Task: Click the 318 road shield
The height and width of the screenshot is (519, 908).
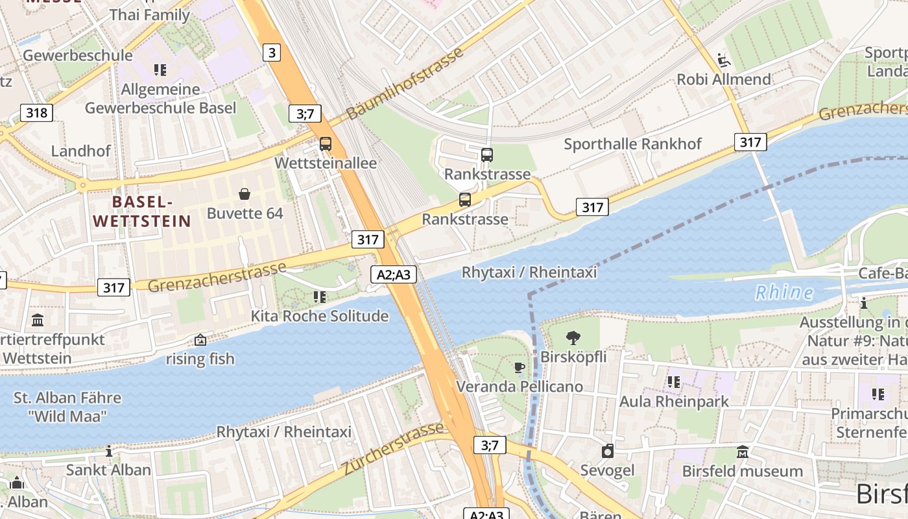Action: click(37, 113)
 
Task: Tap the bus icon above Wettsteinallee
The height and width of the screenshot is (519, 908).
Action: click(326, 144)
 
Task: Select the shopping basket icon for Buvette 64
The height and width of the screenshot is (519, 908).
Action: click(245, 193)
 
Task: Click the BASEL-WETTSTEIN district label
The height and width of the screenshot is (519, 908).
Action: click(142, 211)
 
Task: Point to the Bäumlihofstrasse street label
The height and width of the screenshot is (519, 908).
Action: click(405, 83)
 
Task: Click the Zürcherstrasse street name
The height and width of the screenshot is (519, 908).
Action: click(394, 448)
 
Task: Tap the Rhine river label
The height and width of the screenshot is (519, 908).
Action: click(784, 293)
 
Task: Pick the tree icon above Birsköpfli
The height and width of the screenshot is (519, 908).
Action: click(573, 337)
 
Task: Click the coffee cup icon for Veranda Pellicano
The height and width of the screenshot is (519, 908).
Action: click(520, 368)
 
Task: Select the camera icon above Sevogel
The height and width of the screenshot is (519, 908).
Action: click(608, 451)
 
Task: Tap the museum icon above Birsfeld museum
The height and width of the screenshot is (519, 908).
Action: click(743, 452)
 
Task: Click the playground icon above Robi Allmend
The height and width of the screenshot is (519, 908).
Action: click(724, 60)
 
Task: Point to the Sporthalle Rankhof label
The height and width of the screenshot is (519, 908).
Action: click(632, 144)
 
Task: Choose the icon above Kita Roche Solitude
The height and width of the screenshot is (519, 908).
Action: click(320, 297)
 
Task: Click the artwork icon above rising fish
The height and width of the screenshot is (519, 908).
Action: click(200, 339)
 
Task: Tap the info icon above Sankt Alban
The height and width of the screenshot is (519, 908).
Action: click(109, 450)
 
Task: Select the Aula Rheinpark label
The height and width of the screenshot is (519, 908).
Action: click(674, 402)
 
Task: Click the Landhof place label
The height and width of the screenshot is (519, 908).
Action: click(81, 151)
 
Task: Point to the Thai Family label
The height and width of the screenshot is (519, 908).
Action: click(150, 14)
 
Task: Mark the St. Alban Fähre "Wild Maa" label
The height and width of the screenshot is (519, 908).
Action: click(67, 407)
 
